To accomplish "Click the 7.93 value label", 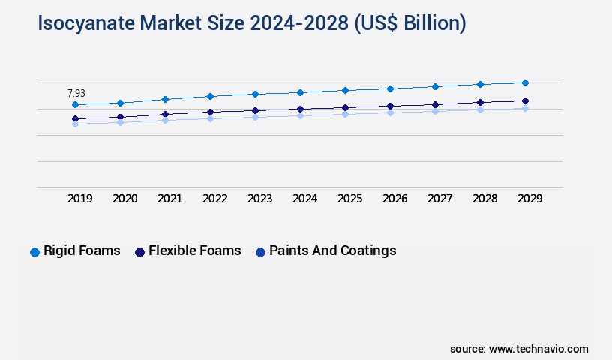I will pos(76,93).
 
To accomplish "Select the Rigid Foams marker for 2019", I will pos(75,105).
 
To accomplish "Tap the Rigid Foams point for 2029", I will pos(525,82).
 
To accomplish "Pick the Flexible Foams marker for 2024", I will pos(300,109).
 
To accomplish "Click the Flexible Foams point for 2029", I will pos(525,100).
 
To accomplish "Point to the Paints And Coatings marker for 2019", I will pos(75,124).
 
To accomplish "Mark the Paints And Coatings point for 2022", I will pos(210,118).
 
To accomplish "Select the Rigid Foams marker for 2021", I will pos(165,99).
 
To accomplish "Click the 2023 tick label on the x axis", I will pos(259,199).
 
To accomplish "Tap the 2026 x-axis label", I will pos(394,199).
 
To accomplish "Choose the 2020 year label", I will pos(124,199).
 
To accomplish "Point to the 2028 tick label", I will pos(484,199).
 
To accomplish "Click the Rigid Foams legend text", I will pos(82,250).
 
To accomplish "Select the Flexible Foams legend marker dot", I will pos(139,252).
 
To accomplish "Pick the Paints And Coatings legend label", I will pos(332,250).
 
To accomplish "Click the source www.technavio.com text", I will pos(519,349).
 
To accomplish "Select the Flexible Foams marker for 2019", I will pos(75,118).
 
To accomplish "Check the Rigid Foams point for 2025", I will pos(345,90).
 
